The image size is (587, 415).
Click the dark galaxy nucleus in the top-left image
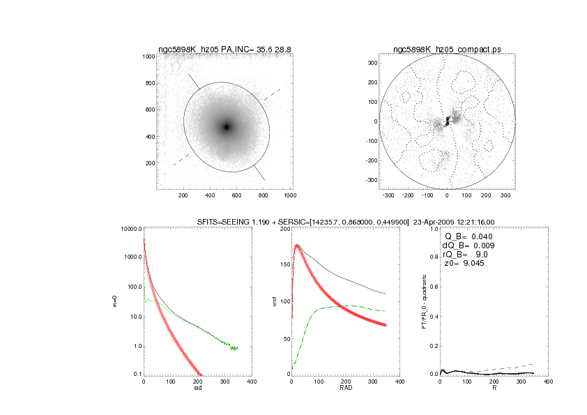(226, 127)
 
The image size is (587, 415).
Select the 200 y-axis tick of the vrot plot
(284, 229)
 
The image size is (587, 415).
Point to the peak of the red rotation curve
(297, 246)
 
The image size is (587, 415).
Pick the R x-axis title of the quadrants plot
(494, 388)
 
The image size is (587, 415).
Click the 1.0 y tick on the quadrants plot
(434, 229)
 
